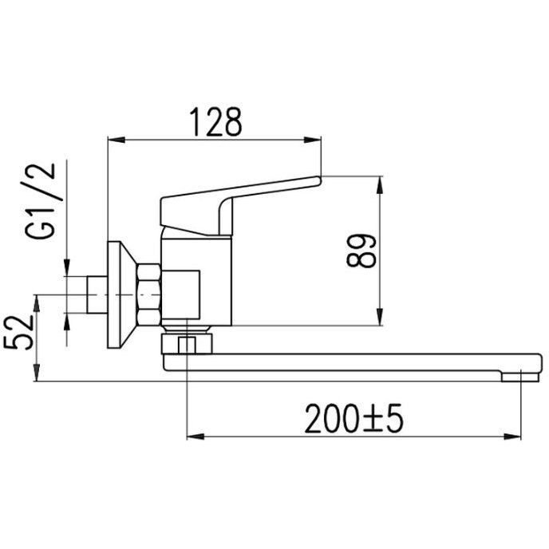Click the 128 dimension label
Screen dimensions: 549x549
(215, 122)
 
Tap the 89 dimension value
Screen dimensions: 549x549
(361, 251)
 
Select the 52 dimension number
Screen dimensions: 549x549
(19, 332)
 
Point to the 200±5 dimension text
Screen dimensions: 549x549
(354, 418)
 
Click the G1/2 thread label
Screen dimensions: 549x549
(40, 201)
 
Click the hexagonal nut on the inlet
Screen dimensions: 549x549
(149, 294)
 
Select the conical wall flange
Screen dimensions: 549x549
(121, 294)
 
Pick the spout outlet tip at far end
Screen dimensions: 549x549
(520, 377)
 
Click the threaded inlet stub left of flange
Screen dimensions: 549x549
(97, 294)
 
